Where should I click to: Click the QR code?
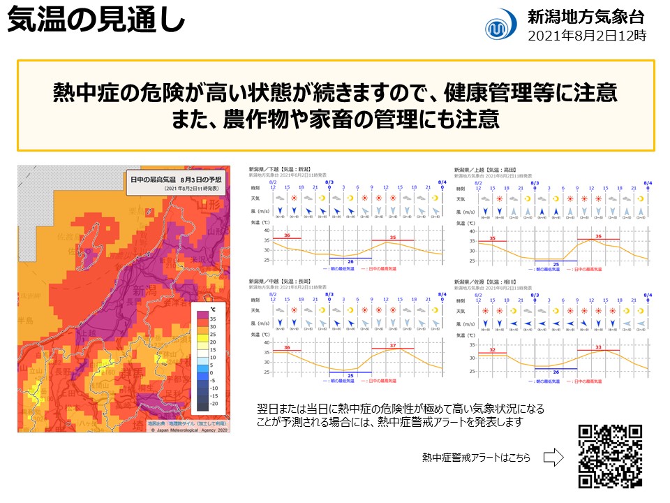611,456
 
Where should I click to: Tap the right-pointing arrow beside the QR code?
553,458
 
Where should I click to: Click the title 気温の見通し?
96,21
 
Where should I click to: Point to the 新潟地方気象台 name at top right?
586,17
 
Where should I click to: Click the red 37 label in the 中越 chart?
393,345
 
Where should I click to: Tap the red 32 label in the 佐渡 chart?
493,350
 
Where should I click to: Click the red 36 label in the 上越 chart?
597,238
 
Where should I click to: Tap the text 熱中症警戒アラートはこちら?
476,458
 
